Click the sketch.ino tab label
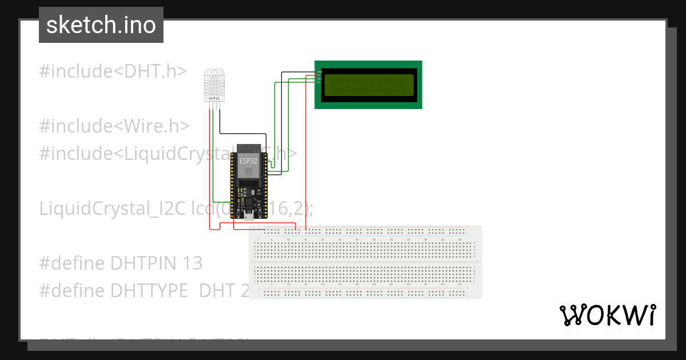pos(101,25)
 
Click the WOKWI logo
pos(607,315)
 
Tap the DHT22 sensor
pos(214,85)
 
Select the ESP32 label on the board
pos(249,162)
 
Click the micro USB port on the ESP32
pos(249,217)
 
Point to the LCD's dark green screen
pos(369,85)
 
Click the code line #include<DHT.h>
pos(113,71)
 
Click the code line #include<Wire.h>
pos(114,126)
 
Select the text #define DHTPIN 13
pos(121,263)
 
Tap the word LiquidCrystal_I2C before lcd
pos(113,209)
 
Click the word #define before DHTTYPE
pos(72,290)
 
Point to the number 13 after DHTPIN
pos(193,263)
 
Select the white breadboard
pos(366,262)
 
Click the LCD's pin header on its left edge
pos(318,76)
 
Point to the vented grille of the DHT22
pos(214,86)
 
